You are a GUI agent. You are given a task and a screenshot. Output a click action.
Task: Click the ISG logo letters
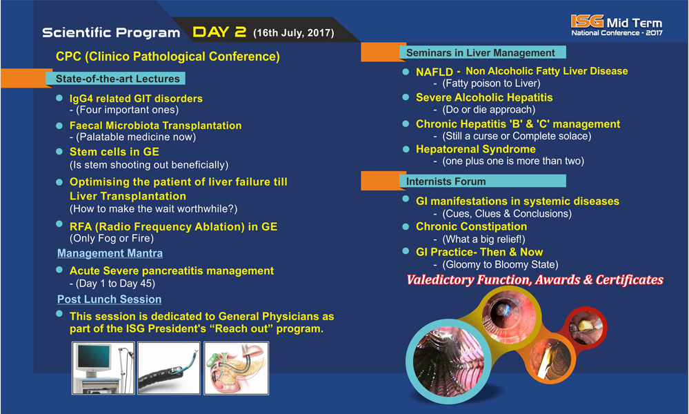pos(587,21)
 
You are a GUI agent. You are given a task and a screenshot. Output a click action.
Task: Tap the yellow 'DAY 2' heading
pos(219,32)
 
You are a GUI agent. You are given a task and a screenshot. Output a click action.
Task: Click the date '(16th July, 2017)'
pos(294,33)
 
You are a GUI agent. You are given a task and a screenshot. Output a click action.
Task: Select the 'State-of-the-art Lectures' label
pos(118,79)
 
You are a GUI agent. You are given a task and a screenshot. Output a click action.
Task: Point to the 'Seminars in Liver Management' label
pos(480,52)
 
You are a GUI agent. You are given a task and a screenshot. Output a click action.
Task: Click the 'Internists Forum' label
pos(446,181)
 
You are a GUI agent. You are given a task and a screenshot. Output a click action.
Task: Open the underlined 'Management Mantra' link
pos(110,254)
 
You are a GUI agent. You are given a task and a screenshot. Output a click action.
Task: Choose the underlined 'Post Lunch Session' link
pos(110,299)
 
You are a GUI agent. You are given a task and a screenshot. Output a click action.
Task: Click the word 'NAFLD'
pos(434,72)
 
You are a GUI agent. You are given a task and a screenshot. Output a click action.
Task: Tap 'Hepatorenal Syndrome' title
pos(476,150)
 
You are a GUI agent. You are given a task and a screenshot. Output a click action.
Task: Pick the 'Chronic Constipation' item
pos(472,226)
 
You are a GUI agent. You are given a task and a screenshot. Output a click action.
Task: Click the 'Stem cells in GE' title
pos(114,152)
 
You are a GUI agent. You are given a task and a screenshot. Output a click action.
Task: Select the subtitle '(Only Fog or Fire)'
pos(112,238)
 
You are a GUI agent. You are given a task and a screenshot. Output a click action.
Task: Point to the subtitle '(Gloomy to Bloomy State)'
pos(500,264)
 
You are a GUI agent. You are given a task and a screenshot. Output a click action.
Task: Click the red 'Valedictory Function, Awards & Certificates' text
pos(535,280)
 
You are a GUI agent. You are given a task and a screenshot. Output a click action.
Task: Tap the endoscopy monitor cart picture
pos(103,368)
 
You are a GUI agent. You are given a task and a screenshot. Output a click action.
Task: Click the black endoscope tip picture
pos(169,368)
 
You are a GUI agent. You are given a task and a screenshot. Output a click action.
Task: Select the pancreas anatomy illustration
pos(237,368)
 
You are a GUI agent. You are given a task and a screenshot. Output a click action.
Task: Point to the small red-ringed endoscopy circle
pos(586,328)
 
